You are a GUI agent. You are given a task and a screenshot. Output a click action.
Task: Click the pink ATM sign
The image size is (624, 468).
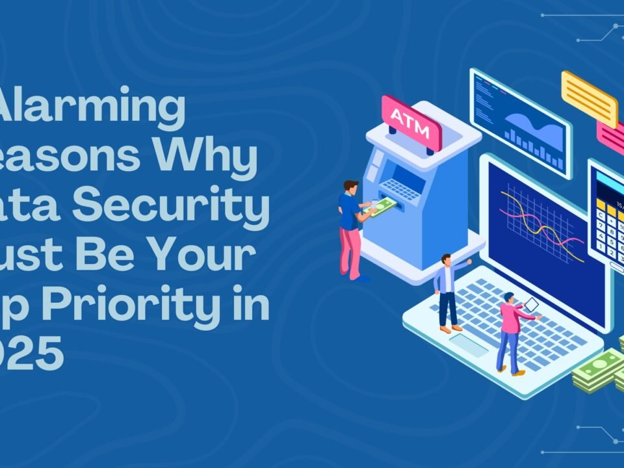pos(411,122)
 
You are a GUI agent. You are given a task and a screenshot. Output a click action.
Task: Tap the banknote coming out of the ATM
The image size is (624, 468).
pos(384,207)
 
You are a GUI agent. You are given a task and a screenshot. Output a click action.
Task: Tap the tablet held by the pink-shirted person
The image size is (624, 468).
pos(530,304)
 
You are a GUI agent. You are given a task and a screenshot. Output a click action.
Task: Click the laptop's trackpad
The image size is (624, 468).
pos(468,344)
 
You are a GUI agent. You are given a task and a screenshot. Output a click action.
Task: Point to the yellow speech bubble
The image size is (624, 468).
pos(589,98)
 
